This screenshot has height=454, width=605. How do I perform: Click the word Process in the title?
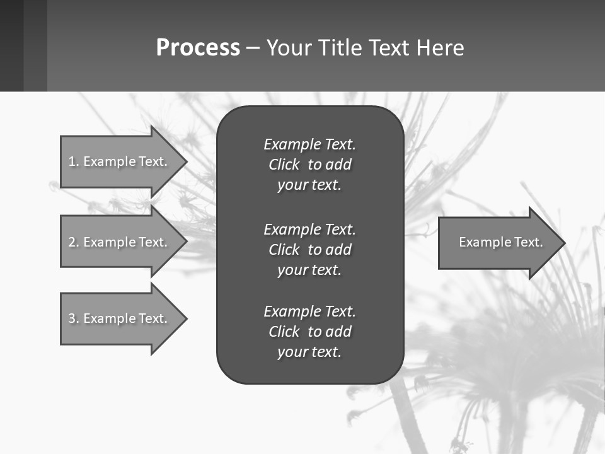coord(198,48)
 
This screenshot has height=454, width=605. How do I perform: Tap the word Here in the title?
coord(440,48)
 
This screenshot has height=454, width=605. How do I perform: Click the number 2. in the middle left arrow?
coord(73,242)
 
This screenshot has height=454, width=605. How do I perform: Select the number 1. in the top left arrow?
coord(73,161)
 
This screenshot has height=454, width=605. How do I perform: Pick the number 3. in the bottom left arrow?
coord(73,318)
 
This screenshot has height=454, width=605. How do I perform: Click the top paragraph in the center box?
coord(309,165)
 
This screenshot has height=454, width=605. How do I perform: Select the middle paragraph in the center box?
coord(309,250)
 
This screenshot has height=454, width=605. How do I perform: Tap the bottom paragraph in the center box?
coord(309,332)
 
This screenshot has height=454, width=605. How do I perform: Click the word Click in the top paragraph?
coord(284,165)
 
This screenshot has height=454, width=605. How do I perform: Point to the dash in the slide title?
coord(253,48)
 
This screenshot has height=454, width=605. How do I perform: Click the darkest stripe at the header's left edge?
coord(11,45)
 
